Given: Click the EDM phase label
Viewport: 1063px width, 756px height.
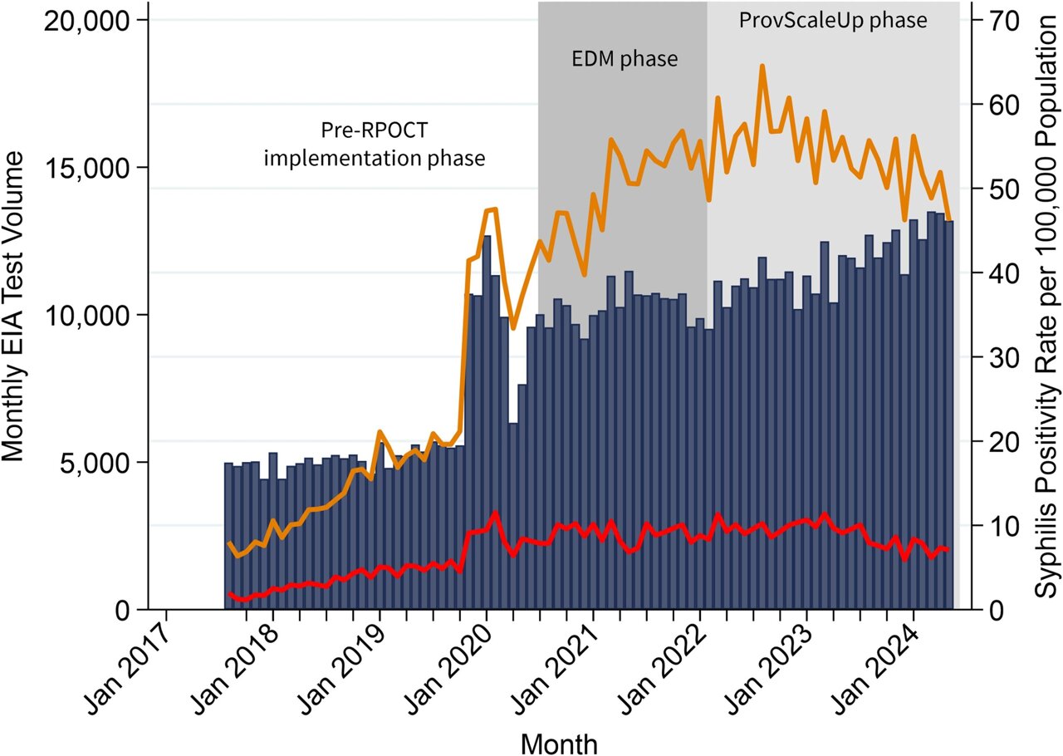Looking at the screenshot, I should [625, 60].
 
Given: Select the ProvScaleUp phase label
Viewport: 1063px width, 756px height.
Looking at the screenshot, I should [833, 21].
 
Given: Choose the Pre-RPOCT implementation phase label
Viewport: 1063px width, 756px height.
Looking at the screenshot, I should [374, 145].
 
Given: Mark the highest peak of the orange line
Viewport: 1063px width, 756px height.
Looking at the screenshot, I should [762, 66].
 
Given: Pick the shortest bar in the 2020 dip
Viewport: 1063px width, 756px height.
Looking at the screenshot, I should [513, 515].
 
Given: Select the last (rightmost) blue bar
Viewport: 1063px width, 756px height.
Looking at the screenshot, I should [949, 415].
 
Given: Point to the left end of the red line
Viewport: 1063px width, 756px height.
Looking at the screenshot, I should [229, 593].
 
